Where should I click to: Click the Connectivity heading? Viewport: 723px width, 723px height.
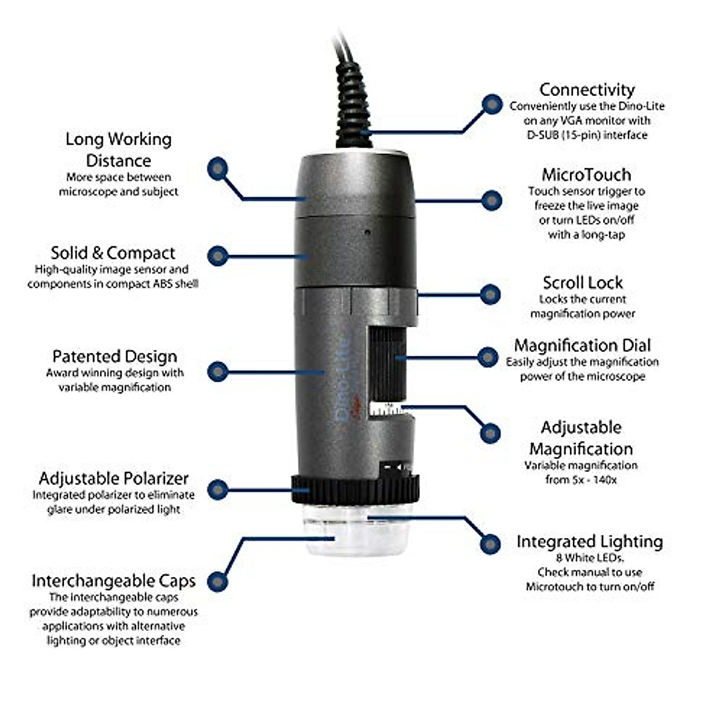tap(587, 90)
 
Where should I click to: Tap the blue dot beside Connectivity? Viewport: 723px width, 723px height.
tap(492, 104)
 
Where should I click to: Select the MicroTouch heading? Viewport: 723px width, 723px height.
tap(586, 175)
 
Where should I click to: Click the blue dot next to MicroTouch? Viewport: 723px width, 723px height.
tap(492, 201)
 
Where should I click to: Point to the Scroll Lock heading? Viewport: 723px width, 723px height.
tap(583, 283)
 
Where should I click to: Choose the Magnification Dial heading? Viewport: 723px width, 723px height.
tap(582, 345)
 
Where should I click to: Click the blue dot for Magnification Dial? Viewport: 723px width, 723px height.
tap(487, 357)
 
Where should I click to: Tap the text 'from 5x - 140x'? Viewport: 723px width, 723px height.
tap(581, 480)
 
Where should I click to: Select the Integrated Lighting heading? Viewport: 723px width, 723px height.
tap(589, 542)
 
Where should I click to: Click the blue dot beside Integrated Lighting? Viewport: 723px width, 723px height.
tap(490, 544)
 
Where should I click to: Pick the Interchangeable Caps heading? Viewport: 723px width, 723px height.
tap(114, 581)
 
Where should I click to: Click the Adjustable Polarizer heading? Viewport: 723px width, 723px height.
tap(114, 478)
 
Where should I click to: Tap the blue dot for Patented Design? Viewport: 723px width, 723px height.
tap(217, 372)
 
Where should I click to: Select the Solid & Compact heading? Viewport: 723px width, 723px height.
tap(113, 253)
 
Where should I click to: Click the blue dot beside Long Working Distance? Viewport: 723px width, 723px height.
tap(217, 169)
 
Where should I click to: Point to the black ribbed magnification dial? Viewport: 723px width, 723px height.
tap(387, 361)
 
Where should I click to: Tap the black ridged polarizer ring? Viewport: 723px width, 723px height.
tap(355, 489)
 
